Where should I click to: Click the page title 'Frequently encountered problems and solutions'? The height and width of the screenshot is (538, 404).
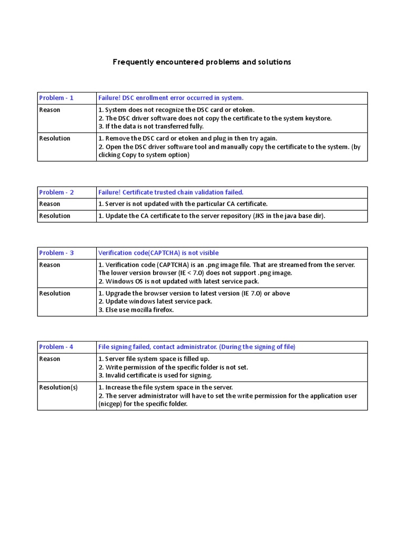[x=201, y=62]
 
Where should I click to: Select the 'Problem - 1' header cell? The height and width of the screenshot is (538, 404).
[x=56, y=98]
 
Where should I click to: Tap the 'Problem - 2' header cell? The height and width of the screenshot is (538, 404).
[x=56, y=192]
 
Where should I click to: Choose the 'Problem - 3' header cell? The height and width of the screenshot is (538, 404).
[x=56, y=253]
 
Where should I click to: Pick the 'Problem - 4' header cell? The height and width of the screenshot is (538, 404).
[x=56, y=347]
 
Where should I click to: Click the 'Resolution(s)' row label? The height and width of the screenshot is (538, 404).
[x=58, y=387]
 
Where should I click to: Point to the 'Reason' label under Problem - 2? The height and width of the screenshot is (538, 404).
[x=50, y=204]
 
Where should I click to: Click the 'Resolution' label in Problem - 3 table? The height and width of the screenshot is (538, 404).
[x=55, y=293]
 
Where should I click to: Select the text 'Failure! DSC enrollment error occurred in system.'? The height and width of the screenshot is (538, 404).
[x=171, y=98]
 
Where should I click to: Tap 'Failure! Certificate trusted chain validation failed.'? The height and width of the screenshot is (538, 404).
[x=171, y=192]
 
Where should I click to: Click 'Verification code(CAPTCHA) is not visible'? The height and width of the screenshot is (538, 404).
[x=158, y=253]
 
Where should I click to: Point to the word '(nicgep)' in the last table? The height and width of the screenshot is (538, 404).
[x=110, y=404]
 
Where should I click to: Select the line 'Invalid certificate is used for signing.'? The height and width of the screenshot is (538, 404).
[x=155, y=376]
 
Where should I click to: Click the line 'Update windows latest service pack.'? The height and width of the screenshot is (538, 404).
[x=155, y=302]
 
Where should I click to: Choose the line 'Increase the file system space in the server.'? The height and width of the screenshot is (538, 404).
[x=166, y=387]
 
